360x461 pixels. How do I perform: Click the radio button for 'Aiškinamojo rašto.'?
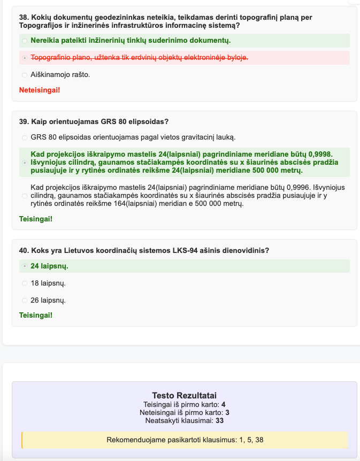pos(25,75)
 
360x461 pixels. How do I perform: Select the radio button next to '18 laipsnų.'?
pos(25,283)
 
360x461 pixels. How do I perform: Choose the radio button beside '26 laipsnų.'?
pos(25,300)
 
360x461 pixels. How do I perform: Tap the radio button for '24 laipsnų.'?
pos(25,266)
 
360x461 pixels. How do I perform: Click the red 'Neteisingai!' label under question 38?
pos(40,90)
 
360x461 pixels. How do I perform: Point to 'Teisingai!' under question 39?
pos(36,219)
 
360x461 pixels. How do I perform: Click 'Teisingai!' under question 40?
pos(36,315)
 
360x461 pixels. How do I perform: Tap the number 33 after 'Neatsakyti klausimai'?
pos(219,421)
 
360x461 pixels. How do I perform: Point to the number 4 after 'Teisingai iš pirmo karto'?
pos(223,404)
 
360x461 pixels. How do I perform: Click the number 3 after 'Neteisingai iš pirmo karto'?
pos(227,412)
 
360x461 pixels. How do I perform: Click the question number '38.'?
pos(24,18)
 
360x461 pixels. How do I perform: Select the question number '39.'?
pos(24,121)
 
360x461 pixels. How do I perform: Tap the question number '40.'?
pos(24,250)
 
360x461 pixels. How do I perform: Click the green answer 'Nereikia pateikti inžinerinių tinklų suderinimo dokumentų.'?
pos(131,40)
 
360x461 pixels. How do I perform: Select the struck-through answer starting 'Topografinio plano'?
pos(139,57)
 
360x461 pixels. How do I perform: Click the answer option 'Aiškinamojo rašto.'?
pos(60,74)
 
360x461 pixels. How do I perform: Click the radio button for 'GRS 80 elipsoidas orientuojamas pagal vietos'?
pos(25,137)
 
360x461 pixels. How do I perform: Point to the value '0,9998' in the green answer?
pos(320,153)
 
